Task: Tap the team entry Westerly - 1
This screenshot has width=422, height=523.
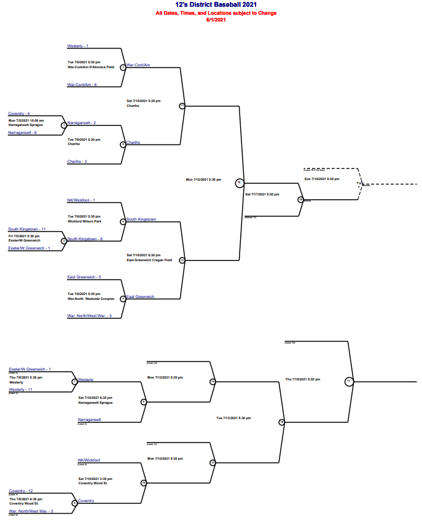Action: coord(78,46)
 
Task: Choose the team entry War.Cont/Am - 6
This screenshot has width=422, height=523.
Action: coord(82,84)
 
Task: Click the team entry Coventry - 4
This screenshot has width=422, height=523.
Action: coord(19,114)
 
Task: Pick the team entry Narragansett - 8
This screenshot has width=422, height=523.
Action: coord(22,133)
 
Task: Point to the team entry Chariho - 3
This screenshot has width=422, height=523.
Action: coord(77,162)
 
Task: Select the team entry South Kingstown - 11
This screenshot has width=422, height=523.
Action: coord(27,229)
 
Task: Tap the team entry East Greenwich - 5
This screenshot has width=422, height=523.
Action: coord(84,277)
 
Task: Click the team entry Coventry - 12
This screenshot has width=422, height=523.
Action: coord(21,491)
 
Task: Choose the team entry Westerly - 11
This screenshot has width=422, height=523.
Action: coord(20,390)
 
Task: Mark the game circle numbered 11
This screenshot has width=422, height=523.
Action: coord(182,106)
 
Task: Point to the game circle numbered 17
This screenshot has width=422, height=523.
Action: coord(349,382)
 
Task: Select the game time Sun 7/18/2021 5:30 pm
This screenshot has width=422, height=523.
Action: coord(322,179)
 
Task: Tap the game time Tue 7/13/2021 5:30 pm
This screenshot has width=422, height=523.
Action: coord(233,418)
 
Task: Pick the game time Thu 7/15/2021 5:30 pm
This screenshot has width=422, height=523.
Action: coord(303,379)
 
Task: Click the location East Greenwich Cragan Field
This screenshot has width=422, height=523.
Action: coord(149,260)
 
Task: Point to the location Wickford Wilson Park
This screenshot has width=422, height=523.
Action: coord(84,221)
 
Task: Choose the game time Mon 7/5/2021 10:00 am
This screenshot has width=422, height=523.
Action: coord(26,120)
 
